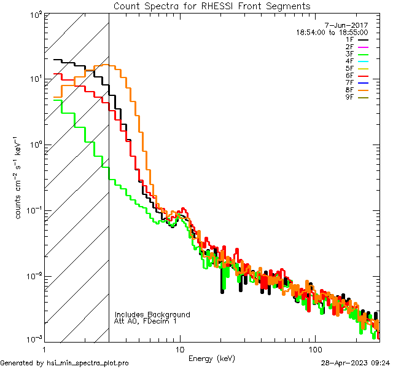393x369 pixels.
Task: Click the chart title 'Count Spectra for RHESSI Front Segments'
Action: click(212, 6)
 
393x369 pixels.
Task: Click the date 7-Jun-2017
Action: click(349, 25)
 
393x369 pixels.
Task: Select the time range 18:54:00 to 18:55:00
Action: click(332, 32)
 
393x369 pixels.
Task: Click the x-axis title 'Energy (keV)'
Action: click(212, 359)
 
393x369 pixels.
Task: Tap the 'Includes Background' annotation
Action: click(152, 314)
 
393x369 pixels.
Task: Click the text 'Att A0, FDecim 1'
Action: click(146, 321)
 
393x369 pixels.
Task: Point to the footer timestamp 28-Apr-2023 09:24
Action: click(355, 363)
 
